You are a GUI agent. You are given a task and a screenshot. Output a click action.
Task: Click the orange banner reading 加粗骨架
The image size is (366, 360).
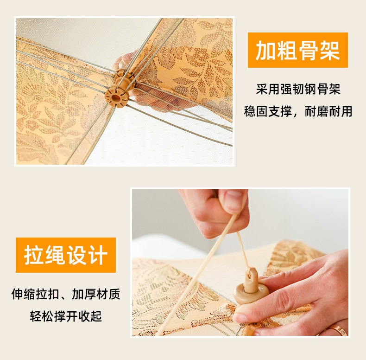(298, 50)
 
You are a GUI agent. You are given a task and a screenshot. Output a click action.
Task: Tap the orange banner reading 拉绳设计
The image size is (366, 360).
(66, 255)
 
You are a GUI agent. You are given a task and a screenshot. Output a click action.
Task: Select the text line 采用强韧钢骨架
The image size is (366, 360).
(298, 89)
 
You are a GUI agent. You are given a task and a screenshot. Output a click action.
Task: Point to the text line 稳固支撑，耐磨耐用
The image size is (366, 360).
(298, 111)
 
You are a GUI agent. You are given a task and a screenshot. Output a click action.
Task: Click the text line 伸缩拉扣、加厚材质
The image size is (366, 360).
(66, 294)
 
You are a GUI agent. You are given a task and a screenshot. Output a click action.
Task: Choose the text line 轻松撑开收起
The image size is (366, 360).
(66, 316)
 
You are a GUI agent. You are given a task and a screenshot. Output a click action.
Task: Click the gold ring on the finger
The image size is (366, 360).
(337, 330)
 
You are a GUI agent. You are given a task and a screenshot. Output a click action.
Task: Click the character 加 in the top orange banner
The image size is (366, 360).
(265, 50)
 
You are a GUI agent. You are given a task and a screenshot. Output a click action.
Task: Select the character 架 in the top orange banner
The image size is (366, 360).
(330, 50)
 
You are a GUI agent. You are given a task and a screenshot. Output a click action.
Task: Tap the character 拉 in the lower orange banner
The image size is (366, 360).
(34, 255)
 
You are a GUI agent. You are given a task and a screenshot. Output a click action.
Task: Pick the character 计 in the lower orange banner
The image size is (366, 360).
(98, 255)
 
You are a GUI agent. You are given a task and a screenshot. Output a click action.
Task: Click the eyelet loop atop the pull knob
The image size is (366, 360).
(252, 275)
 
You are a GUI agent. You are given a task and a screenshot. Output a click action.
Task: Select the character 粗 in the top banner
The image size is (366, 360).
(287, 50)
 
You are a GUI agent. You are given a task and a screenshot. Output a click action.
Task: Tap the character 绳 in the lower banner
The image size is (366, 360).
(55, 255)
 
